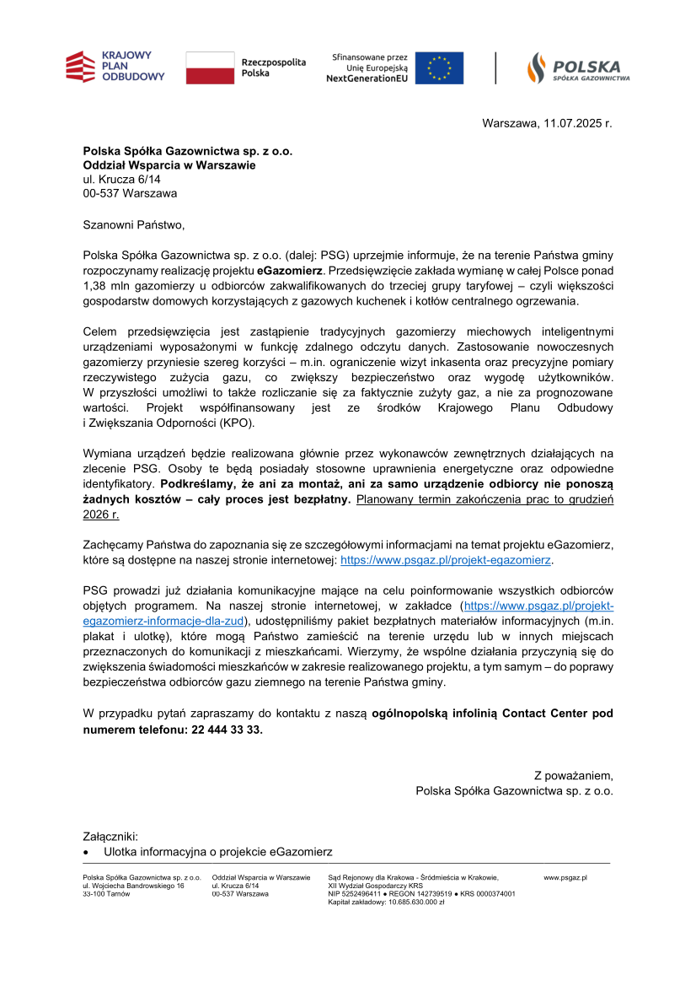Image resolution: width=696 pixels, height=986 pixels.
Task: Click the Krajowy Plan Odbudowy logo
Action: [x=115, y=67]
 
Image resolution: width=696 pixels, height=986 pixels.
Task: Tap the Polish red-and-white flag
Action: [x=210, y=67]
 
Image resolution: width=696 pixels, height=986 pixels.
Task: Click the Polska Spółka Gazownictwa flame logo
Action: [x=578, y=67]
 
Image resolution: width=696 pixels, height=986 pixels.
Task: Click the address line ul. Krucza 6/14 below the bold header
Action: [x=121, y=180]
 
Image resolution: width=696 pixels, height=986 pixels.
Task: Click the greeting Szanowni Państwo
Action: [x=133, y=225]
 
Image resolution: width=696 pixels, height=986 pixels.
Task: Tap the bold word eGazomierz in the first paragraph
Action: [x=290, y=271]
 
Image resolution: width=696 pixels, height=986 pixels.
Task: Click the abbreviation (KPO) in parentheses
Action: [x=238, y=423]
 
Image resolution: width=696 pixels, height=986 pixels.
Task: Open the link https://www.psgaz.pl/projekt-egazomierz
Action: [x=446, y=559]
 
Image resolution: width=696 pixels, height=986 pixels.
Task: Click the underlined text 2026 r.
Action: [x=101, y=514]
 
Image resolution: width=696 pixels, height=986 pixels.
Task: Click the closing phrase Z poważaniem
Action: [x=573, y=775]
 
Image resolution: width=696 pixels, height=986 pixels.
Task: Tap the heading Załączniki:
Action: [x=110, y=837]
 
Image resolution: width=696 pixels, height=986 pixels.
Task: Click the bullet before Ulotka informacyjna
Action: [x=86, y=853]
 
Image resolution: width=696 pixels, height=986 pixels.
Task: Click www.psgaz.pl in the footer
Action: [x=565, y=878]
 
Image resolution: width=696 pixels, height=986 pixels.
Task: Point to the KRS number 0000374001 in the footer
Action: [x=495, y=893]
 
